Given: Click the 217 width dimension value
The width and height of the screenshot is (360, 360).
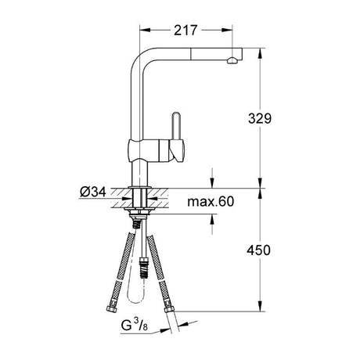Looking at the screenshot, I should (185, 29).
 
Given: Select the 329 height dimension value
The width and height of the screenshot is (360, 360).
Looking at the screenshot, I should (259, 119).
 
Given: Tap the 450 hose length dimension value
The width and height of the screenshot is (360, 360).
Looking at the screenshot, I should (259, 250).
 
